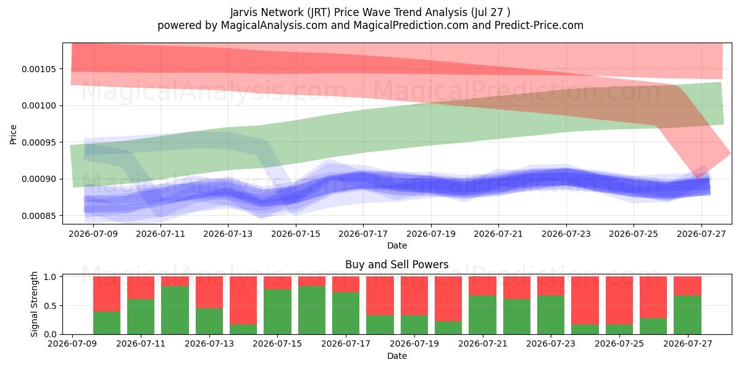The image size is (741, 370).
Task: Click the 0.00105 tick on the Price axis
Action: [39, 69]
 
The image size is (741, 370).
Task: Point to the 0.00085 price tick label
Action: [39, 216]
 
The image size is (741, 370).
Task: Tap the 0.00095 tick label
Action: [39, 142]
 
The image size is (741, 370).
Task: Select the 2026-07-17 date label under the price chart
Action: [363, 234]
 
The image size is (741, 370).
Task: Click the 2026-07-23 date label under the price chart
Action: [566, 234]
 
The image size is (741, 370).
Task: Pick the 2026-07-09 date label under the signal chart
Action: [72, 343]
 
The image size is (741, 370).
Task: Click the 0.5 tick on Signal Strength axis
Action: [51, 306]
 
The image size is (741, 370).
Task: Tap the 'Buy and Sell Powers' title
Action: [397, 265]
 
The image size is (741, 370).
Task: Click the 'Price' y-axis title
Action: [13, 134]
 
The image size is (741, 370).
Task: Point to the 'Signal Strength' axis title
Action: [34, 304]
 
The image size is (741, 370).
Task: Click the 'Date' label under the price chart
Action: [397, 245]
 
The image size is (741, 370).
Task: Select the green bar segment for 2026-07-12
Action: [175, 310]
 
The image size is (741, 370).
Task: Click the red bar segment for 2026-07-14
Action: [243, 300]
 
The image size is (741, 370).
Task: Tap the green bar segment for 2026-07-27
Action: [687, 314]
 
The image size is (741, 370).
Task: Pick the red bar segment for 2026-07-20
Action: [448, 298]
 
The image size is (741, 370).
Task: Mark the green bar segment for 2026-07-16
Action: [312, 310]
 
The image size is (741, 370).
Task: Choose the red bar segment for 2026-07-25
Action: [619, 300]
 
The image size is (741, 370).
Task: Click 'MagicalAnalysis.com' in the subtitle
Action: [274, 25]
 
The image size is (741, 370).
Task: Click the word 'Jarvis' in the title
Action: [244, 12]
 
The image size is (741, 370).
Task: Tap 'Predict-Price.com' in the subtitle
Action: [539, 25]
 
